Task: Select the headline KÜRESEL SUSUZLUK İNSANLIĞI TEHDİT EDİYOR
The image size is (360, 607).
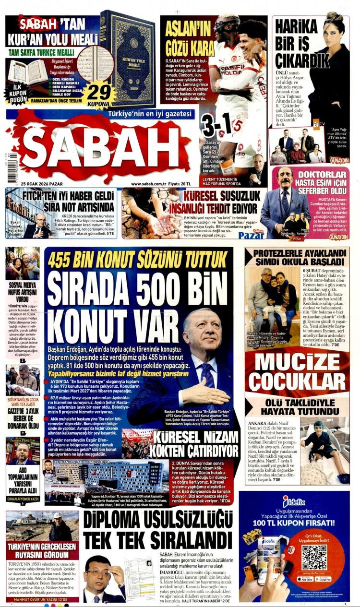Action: pos(218,201)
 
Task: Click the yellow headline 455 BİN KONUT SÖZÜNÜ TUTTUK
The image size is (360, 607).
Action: pos(139,260)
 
